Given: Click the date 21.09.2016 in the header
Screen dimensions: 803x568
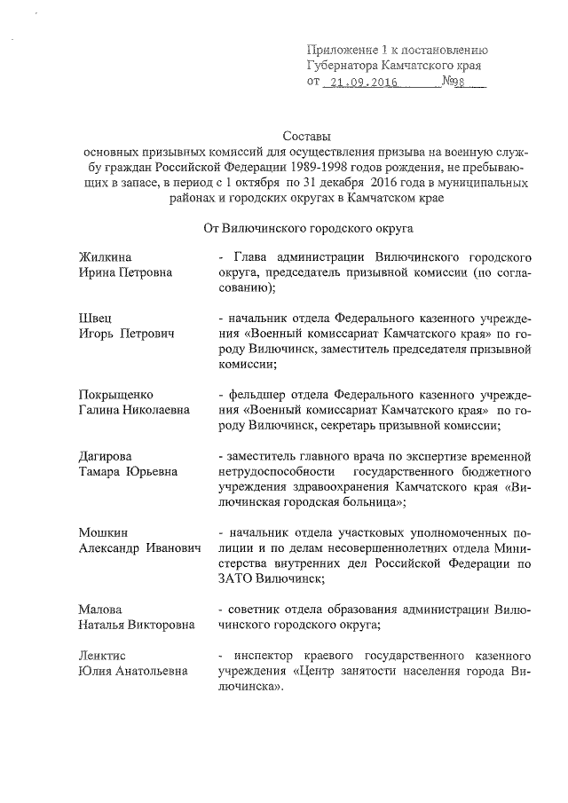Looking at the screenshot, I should tap(361, 83).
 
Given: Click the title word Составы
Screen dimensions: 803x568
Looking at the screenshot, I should tap(305, 137).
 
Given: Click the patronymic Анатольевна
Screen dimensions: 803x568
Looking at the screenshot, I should tap(152, 671).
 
